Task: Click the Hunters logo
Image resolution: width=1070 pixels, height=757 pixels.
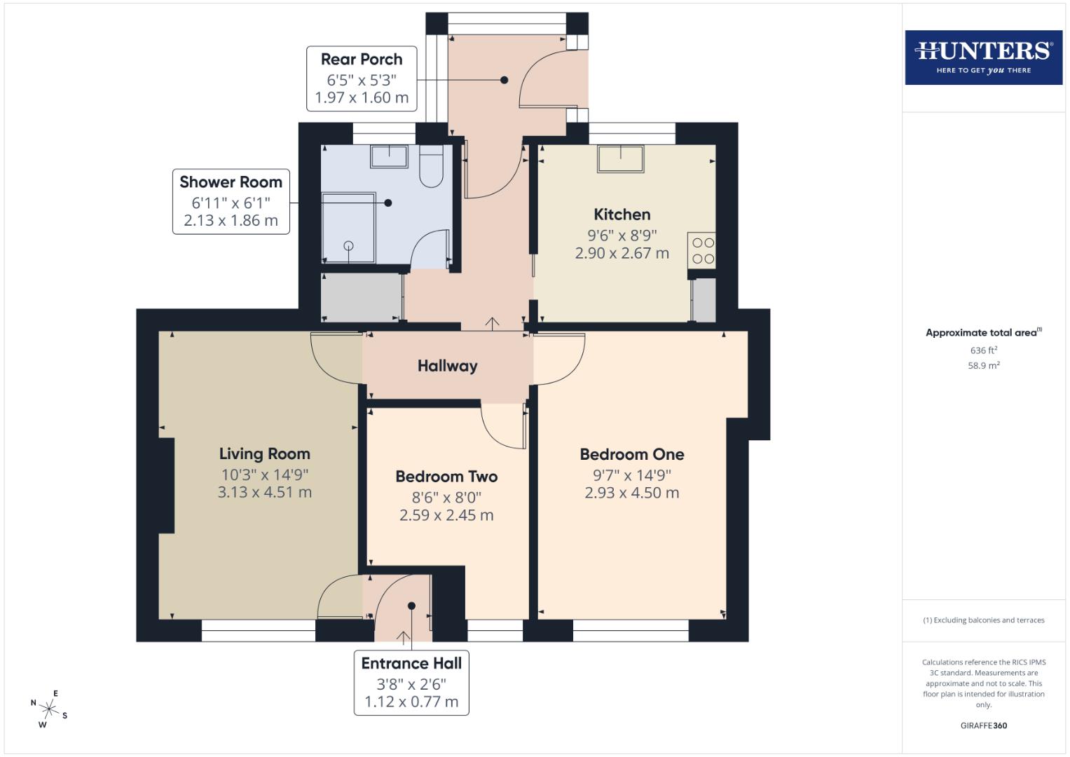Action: click(983, 57)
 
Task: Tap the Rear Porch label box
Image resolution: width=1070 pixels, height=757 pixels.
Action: click(362, 79)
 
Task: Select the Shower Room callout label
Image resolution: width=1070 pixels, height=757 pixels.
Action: click(231, 201)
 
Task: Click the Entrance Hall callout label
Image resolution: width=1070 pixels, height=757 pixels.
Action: click(411, 683)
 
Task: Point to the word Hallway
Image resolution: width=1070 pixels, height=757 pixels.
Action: click(447, 366)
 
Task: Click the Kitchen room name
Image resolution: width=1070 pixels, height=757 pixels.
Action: click(622, 214)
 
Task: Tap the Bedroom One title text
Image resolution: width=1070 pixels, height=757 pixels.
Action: click(631, 454)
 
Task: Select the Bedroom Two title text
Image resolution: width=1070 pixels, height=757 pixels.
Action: click(446, 477)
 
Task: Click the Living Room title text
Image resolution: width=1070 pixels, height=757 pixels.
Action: click(264, 454)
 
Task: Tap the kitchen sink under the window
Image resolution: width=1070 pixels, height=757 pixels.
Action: click(620, 158)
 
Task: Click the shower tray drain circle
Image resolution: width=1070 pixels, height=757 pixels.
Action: click(348, 245)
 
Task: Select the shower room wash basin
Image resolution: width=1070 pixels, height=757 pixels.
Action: click(389, 156)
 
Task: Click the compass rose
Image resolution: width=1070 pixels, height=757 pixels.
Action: click(49, 709)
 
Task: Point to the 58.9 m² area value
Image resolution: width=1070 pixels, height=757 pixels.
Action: click(983, 365)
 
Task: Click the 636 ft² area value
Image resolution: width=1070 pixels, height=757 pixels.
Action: click(983, 350)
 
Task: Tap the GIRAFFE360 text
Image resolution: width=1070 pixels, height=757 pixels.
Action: click(983, 725)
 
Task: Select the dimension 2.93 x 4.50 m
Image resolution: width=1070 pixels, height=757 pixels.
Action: click(631, 493)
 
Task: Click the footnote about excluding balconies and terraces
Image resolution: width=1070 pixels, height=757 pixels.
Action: click(983, 620)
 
